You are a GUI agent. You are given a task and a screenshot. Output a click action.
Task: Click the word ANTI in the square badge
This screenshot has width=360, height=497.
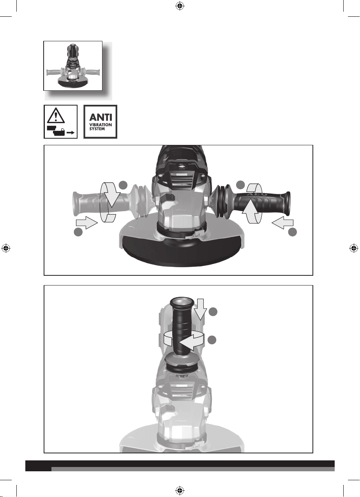click(101, 117)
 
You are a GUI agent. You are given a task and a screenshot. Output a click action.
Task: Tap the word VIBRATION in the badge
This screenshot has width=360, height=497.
click(101, 125)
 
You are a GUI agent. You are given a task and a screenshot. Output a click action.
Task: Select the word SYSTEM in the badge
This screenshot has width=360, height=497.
click(97, 129)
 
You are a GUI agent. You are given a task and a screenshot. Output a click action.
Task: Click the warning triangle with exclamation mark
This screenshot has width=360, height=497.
click(56, 115)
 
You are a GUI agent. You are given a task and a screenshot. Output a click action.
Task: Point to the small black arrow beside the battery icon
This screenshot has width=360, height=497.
click(71, 133)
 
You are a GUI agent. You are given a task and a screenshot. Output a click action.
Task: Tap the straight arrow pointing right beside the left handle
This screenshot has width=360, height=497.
click(87, 222)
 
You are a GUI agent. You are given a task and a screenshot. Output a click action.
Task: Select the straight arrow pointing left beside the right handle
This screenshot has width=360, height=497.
click(282, 222)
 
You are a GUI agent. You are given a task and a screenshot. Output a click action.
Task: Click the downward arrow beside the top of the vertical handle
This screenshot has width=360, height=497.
click(200, 309)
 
